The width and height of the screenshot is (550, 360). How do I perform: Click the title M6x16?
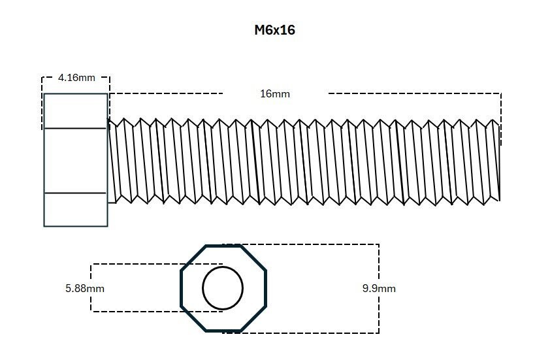pyautogui.click(x=274, y=30)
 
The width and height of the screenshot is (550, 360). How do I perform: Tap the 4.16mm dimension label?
pyautogui.click(x=76, y=77)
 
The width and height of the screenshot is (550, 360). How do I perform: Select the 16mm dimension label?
pyautogui.click(x=275, y=93)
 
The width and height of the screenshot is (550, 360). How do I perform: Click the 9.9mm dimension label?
pyautogui.click(x=379, y=288)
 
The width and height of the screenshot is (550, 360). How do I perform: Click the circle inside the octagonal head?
pyautogui.click(x=223, y=287)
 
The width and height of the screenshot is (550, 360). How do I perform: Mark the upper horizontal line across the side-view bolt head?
pyautogui.click(x=75, y=128)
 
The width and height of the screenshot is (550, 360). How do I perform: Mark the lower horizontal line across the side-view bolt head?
pyautogui.click(x=75, y=193)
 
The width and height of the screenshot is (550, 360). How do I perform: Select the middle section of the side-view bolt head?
pyautogui.click(x=75, y=160)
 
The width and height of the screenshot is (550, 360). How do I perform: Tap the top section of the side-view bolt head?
pyautogui.click(x=75, y=111)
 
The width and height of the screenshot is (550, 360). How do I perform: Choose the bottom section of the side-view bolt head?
pyautogui.click(x=75, y=209)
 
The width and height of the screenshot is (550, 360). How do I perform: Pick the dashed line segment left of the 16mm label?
pyautogui.click(x=167, y=93)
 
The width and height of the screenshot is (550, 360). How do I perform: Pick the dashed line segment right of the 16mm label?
pyautogui.click(x=414, y=93)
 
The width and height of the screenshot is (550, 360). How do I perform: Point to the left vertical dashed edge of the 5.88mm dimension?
pyautogui.click(x=91, y=287)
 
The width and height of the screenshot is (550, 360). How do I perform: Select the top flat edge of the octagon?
pyautogui.click(x=223, y=246)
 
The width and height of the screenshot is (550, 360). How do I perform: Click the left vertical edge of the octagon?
pyautogui.click(x=182, y=287)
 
